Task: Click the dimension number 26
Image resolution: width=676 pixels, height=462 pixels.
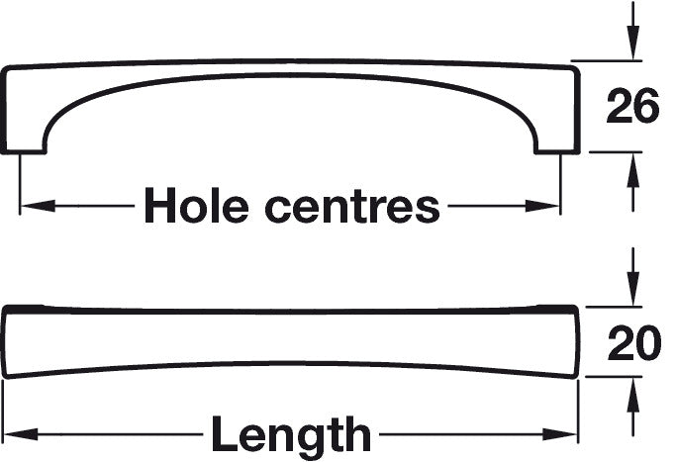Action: pos(632,108)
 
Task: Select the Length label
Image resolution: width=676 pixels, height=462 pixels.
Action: pos(290,434)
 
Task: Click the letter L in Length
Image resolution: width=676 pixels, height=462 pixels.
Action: pos(223,434)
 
